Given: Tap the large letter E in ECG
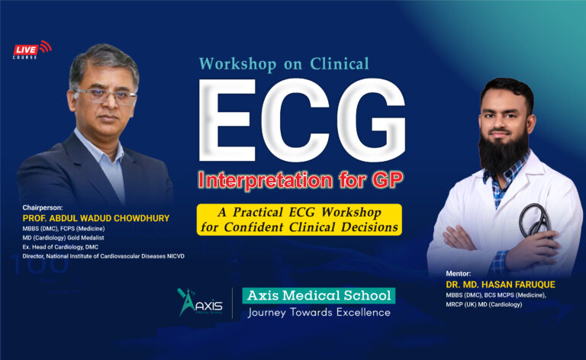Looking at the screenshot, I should click(x=231, y=124).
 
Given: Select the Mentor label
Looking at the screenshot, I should click(x=460, y=272).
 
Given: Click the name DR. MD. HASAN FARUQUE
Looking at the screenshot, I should click(x=500, y=284).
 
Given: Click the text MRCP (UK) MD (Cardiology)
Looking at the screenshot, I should click(x=484, y=305).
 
